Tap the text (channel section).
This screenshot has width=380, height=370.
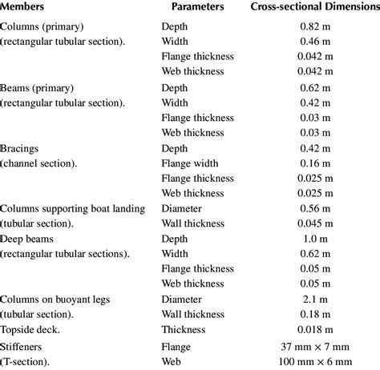[x=38, y=163]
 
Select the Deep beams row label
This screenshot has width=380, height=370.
[x=30, y=239]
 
